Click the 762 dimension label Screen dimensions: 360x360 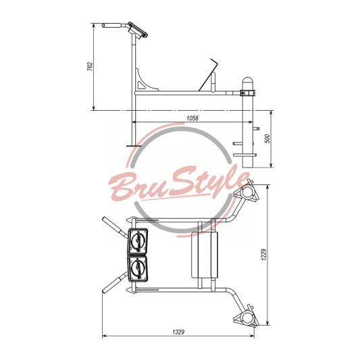(x=91, y=66)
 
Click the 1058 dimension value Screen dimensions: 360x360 (x=192, y=118)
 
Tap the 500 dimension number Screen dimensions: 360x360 (x=267, y=138)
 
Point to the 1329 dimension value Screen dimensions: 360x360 (x=178, y=332)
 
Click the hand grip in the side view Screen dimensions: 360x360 (x=112, y=25)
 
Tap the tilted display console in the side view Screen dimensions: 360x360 (x=138, y=30)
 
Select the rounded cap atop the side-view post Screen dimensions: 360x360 (x=248, y=81)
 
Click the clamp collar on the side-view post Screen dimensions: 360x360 (x=248, y=93)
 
